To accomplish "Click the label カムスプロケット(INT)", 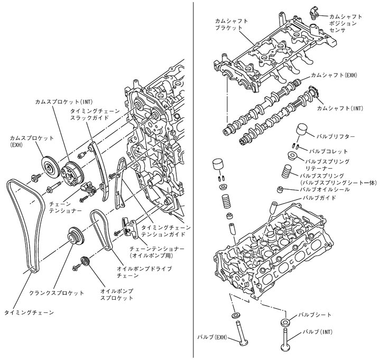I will (64, 100).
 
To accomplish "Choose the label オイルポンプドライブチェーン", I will (137, 272).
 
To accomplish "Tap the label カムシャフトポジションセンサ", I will (346, 23).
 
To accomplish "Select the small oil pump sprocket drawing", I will (84, 262).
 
